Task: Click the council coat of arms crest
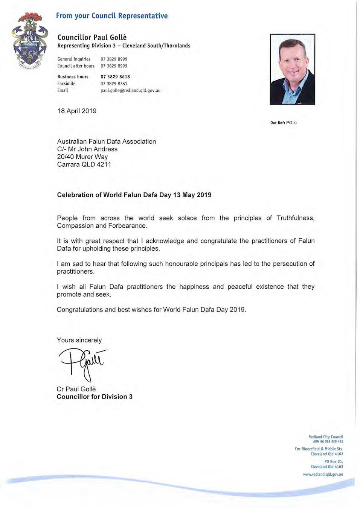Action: pyautogui.click(x=30, y=42)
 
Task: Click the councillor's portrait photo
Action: pyautogui.click(x=292, y=69)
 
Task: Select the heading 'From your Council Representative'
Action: pyautogui.click(x=112, y=16)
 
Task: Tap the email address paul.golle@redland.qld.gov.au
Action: pyautogui.click(x=130, y=91)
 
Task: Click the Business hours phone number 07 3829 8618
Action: pyautogui.click(x=115, y=77)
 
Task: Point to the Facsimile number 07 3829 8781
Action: pyautogui.click(x=114, y=84)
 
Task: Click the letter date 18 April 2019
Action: pyautogui.click(x=77, y=111)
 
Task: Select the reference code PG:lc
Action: pyautogui.click(x=291, y=123)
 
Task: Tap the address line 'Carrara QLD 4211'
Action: pyautogui.click(x=84, y=164)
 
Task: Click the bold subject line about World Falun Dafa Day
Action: pyautogui.click(x=134, y=195)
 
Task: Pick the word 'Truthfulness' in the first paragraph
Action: pyautogui.click(x=295, y=218)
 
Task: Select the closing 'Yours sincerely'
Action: pyautogui.click(x=79, y=340)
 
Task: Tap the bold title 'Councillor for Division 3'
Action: pyautogui.click(x=95, y=397)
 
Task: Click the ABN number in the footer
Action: pyautogui.click(x=328, y=441)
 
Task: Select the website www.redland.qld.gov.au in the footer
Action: pyautogui.click(x=323, y=474)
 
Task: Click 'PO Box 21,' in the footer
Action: pyautogui.click(x=334, y=461)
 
